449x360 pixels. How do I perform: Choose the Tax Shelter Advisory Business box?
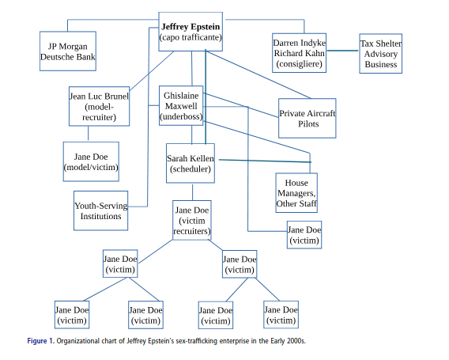(x=380, y=53)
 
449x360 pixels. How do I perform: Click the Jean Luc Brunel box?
(x=99, y=107)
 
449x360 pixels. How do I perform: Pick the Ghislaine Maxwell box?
(x=181, y=104)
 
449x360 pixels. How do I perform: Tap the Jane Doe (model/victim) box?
(x=91, y=161)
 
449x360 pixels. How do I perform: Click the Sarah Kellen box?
(x=190, y=164)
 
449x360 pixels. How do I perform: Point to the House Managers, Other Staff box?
(x=297, y=193)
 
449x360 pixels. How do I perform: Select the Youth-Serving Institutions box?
(x=100, y=211)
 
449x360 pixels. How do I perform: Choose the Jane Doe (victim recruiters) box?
(x=192, y=221)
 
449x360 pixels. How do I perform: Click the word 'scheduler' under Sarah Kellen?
(x=190, y=169)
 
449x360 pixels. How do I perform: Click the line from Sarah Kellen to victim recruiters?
(x=192, y=192)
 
